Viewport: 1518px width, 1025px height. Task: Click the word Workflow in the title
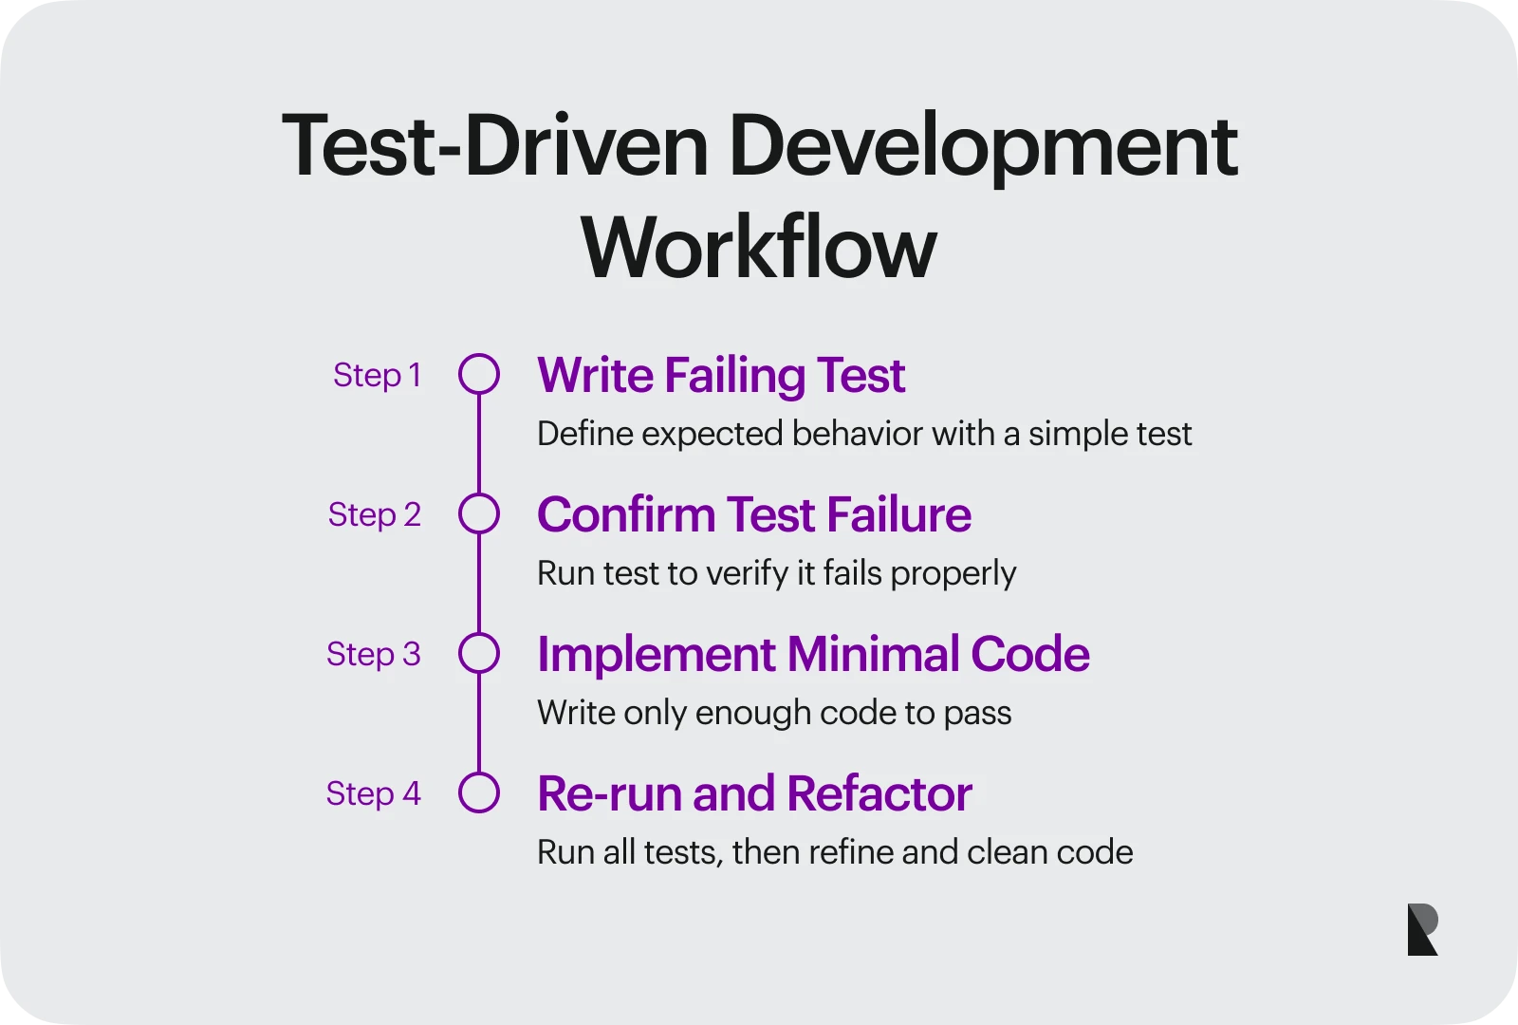click(759, 248)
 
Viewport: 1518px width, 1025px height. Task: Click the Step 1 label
click(377, 375)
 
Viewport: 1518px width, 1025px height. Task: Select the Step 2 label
click(374, 514)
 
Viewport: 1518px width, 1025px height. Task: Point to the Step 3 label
click(373, 654)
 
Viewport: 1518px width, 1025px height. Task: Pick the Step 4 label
click(373, 793)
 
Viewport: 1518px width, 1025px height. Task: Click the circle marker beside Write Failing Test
click(479, 374)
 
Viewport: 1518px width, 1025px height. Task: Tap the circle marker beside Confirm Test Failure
click(479, 513)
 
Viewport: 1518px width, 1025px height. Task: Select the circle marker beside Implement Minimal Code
click(479, 653)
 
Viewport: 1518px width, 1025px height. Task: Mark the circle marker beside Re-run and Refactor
click(479, 792)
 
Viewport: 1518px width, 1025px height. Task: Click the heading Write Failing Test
click(721, 375)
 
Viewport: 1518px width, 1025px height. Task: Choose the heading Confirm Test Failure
click(754, 514)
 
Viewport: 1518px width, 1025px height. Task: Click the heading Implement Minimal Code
click(813, 654)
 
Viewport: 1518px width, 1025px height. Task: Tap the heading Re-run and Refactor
click(754, 793)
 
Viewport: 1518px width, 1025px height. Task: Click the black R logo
click(1422, 929)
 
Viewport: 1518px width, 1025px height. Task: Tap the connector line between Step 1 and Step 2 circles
click(479, 444)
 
